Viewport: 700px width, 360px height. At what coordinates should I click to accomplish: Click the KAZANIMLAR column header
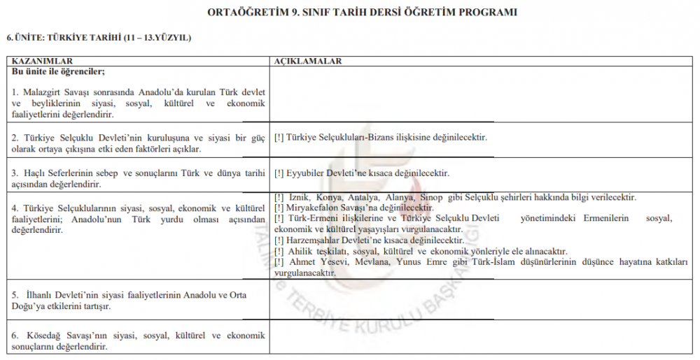43,62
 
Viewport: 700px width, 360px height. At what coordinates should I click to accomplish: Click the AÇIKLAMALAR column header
308,62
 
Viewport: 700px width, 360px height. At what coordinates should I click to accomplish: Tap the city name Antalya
362,198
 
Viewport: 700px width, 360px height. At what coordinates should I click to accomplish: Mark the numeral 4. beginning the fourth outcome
15,208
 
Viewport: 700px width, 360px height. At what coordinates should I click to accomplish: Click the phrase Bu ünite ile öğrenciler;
58,71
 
